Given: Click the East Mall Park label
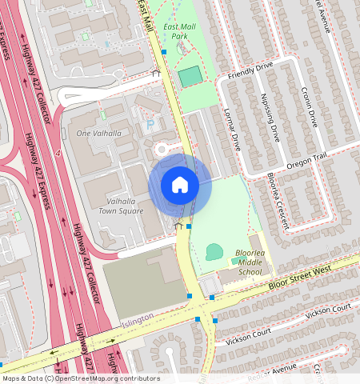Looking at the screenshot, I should pyautogui.click(x=175, y=31).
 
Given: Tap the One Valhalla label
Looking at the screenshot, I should pyautogui.click(x=98, y=133).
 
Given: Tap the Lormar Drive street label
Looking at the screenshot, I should pyautogui.click(x=232, y=130).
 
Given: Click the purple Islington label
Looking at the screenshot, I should pyautogui.click(x=136, y=322).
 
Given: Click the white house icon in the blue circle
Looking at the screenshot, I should pyautogui.click(x=180, y=185).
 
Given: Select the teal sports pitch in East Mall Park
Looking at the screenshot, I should pyautogui.click(x=190, y=77).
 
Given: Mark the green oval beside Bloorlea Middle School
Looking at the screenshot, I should pyautogui.click(x=214, y=253).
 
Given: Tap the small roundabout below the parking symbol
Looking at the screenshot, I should pyautogui.click(x=162, y=148).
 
